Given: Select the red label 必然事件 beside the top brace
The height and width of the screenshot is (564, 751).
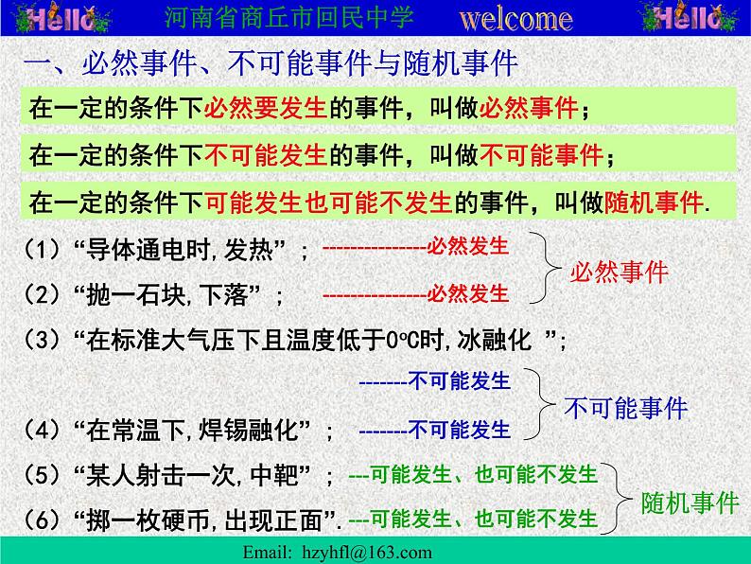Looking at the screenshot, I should (x=619, y=273).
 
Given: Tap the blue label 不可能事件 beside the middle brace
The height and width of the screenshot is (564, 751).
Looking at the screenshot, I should (x=625, y=408).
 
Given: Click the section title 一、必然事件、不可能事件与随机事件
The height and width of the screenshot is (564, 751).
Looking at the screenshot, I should (x=270, y=64).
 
